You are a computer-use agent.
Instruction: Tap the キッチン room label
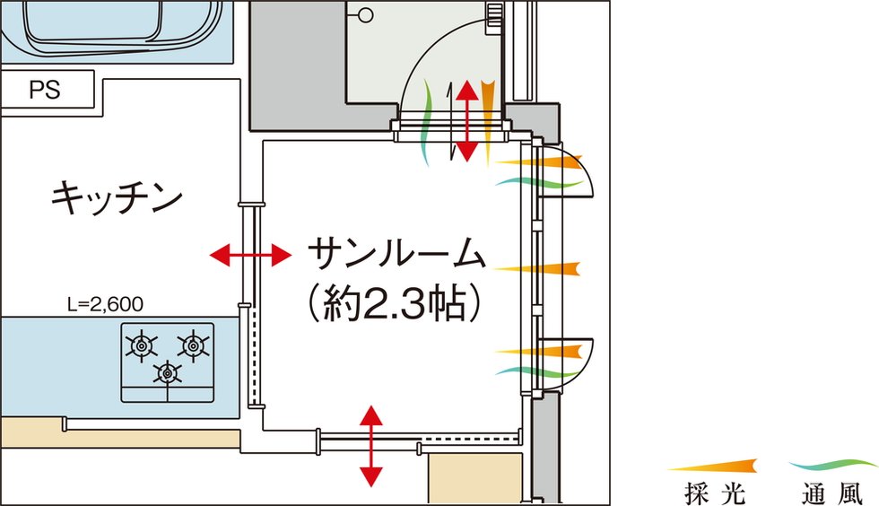(x=117, y=197)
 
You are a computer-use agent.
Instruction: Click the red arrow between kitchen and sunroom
(x=250, y=257)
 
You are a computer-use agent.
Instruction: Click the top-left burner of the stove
(x=142, y=344)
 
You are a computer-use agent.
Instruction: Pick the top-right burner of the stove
(x=192, y=344)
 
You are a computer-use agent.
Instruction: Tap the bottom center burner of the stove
(x=167, y=371)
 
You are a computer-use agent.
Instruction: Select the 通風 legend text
(x=834, y=492)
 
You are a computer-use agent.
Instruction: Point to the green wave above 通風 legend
(x=834, y=464)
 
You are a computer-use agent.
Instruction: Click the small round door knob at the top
(x=365, y=15)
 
